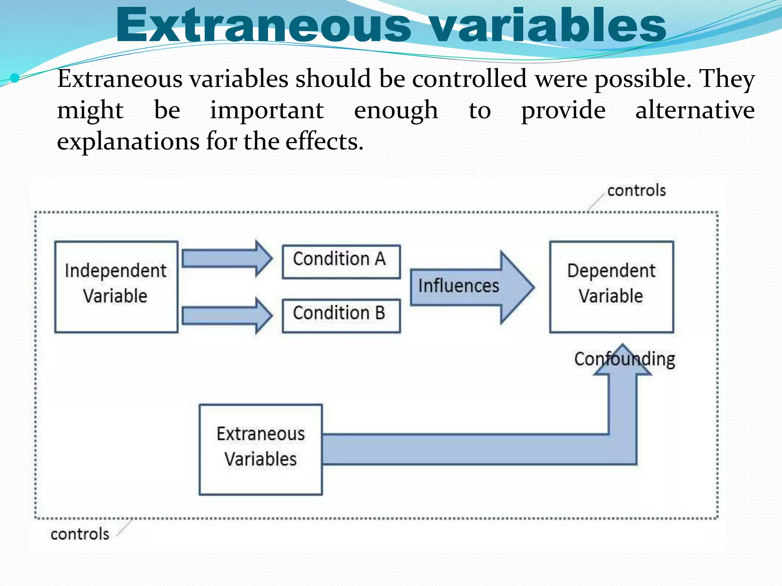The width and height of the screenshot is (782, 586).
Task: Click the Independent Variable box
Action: point(116,287)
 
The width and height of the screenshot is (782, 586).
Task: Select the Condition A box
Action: point(341,262)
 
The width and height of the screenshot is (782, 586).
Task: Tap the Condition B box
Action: point(341,316)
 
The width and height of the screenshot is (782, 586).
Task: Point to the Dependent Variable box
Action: point(611,287)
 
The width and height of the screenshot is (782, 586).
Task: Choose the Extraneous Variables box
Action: point(261,449)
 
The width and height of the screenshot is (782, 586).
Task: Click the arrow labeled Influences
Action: point(472,287)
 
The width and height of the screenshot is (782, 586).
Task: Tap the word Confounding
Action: point(625,359)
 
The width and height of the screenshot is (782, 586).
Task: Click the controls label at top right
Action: point(636,190)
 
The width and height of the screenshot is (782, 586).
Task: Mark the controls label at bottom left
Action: point(80,534)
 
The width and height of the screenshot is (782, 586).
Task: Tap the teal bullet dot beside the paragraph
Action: point(15,78)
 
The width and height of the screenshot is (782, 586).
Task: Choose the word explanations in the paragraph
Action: point(128,142)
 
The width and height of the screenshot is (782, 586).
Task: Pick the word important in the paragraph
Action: point(267,111)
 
